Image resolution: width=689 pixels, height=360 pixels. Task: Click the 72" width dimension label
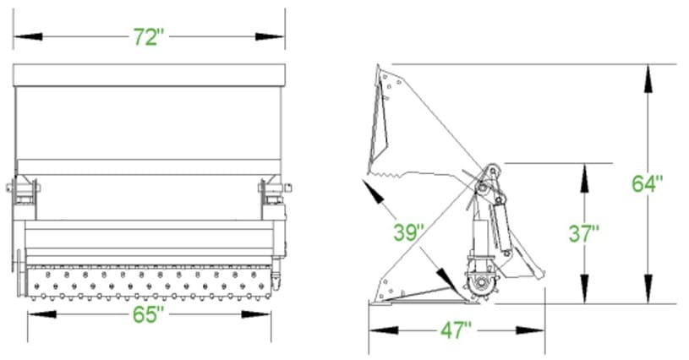tap(149, 37)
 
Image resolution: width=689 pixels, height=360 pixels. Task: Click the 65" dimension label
tap(148, 314)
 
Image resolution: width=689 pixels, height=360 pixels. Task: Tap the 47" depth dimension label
tap(457, 330)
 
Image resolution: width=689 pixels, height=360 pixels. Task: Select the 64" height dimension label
tap(648, 183)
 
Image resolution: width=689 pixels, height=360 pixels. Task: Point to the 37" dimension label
tap(584, 233)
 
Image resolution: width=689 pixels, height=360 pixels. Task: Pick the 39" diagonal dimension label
tap(409, 232)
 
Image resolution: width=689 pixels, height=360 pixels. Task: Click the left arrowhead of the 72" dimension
tap(28, 36)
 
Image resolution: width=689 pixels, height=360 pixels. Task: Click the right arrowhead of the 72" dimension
tap(270, 36)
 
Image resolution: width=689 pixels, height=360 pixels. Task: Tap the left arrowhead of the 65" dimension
tap(42, 314)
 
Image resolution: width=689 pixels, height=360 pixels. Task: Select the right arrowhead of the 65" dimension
tap(256, 314)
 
